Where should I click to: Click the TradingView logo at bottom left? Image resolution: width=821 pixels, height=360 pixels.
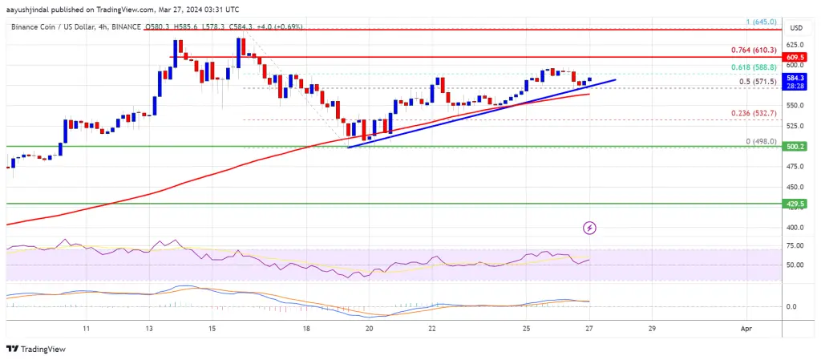tap(36, 349)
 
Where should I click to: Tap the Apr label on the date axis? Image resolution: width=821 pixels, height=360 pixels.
tap(746, 329)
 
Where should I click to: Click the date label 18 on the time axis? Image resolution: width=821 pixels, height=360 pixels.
tap(306, 329)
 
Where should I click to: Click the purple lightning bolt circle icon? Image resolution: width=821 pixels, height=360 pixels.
tap(590, 228)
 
